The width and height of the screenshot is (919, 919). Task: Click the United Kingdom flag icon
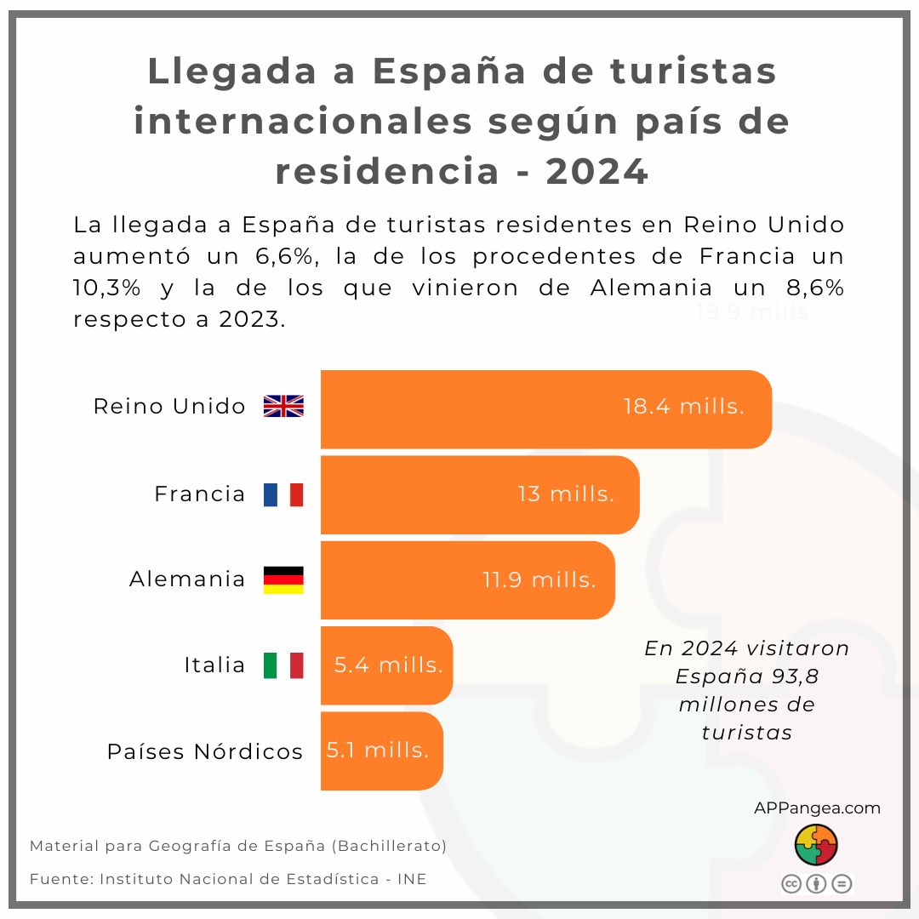[x=283, y=407]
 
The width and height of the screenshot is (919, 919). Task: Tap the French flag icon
[x=283, y=494]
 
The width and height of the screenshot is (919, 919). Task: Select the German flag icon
[x=283, y=579]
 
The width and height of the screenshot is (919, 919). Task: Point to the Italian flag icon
[x=283, y=665]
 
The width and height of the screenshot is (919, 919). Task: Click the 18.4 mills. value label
[x=683, y=407]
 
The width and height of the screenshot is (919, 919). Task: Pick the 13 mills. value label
[x=566, y=494]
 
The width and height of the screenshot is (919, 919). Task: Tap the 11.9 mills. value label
[x=539, y=580]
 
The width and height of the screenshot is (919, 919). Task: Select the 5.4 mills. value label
[x=388, y=665]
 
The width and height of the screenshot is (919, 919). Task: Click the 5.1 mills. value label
[x=378, y=751]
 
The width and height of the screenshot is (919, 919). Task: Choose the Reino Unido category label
[x=169, y=407]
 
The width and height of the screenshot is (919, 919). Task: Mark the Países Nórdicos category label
[x=205, y=752]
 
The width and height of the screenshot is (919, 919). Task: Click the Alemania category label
[x=187, y=579]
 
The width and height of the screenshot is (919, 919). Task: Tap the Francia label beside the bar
[x=200, y=494]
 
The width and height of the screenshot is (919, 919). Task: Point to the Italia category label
[x=214, y=665]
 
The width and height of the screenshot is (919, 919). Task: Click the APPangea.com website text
[x=817, y=808]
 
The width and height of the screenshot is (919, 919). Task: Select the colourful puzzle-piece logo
[x=816, y=845]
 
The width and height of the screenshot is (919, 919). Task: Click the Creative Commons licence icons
[x=816, y=884]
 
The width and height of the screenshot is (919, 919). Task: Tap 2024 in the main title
[x=597, y=172]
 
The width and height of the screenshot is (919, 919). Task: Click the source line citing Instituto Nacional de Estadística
[x=228, y=879]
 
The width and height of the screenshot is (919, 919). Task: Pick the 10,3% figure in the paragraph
[x=106, y=288]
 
